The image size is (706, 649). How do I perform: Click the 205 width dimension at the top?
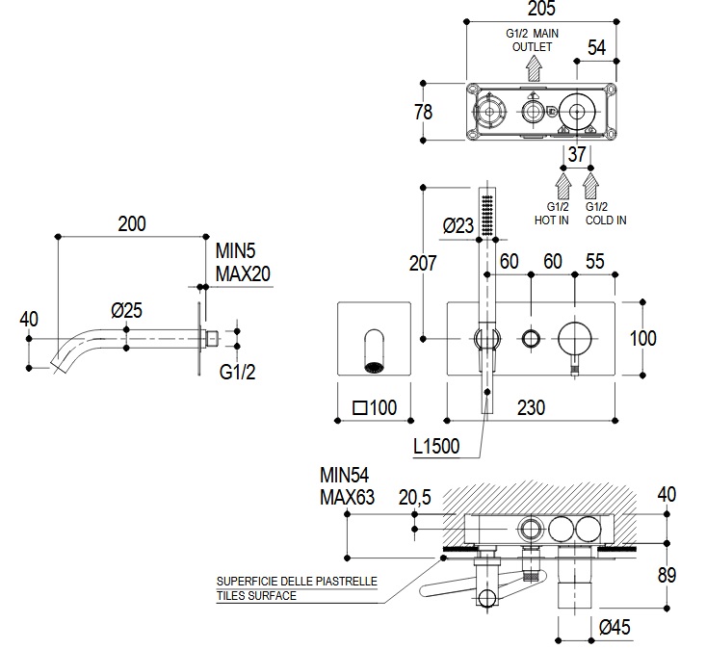(542, 9)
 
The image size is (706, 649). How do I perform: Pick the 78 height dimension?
(423, 113)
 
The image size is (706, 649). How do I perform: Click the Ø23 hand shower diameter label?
(458, 226)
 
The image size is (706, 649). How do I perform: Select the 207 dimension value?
(422, 262)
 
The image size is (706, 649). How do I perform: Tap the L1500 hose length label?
(434, 446)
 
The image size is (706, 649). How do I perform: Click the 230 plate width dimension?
(529, 407)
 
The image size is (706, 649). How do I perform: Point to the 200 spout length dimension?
(132, 224)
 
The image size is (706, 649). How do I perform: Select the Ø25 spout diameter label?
(126, 310)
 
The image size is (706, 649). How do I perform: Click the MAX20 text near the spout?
(243, 273)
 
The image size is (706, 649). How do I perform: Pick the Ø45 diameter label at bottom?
(614, 628)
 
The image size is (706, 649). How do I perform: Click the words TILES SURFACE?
(256, 596)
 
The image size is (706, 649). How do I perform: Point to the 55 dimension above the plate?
(595, 262)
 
